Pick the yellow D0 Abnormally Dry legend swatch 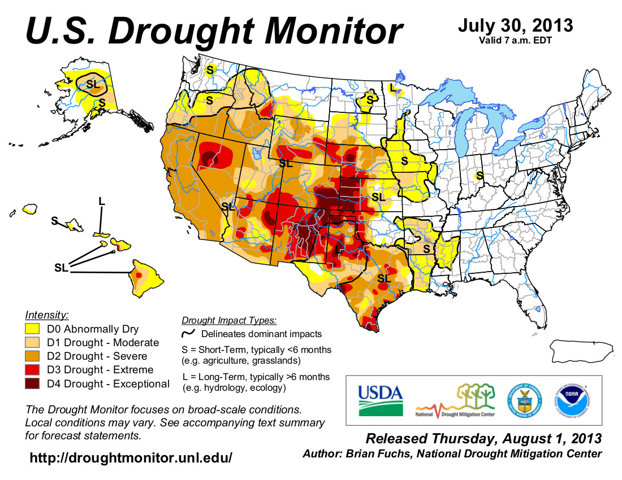[x=34, y=329]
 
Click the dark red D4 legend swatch [x=34, y=384]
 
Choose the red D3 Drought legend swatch [x=34, y=370]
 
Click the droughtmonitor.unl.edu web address [x=131, y=458]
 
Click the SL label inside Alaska [x=92, y=85]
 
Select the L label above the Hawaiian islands [x=102, y=201]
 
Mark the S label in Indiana [x=480, y=176]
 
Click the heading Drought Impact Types [x=229, y=321]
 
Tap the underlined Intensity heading [x=47, y=314]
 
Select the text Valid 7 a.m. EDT [x=515, y=40]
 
